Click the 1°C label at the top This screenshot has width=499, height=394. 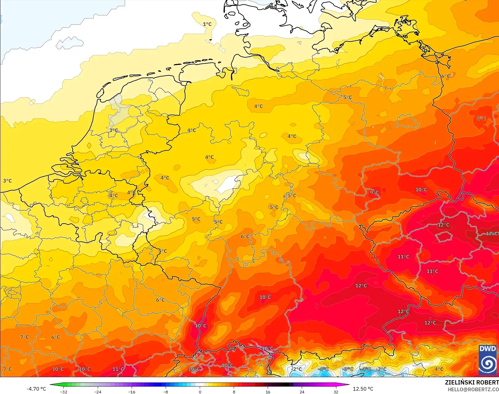tap(207, 24)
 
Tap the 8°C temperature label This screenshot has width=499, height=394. tap(481, 118)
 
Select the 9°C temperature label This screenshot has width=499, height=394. tap(374, 193)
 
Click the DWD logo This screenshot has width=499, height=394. tap(488, 360)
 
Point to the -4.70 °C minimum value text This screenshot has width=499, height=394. tap(36, 389)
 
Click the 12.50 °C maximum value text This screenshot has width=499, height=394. tap(363, 389)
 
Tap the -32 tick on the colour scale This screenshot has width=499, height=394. tap(64, 392)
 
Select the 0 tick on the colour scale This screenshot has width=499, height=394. tap(200, 392)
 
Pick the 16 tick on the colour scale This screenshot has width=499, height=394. tap(268, 392)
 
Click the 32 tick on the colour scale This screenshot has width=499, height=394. tap(336, 392)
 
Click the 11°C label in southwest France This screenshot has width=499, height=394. tap(118, 369)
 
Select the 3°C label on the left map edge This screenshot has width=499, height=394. tap(7, 181)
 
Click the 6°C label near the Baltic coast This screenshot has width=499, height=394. tap(446, 76)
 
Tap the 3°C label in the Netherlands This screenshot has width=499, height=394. tap(113, 130)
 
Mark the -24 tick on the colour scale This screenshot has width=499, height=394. tap(98, 392)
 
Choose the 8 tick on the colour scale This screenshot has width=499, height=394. tap(234, 392)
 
